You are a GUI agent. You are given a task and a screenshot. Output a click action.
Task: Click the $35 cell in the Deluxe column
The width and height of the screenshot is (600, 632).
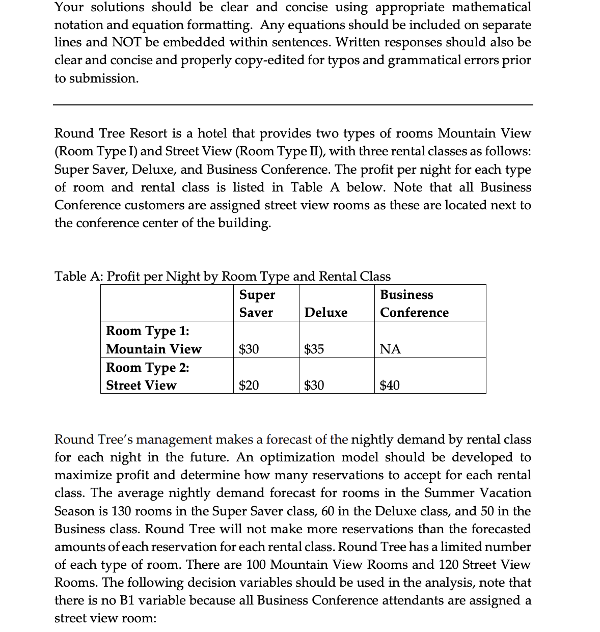[314, 349]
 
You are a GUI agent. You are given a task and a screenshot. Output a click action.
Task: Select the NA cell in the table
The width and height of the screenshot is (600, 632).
[391, 349]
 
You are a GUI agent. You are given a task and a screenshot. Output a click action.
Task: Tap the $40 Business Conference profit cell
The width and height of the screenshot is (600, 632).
[390, 386]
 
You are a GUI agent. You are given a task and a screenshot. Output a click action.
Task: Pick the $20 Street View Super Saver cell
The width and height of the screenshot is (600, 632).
[249, 386]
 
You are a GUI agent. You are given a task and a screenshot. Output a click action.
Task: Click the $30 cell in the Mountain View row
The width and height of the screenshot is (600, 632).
[249, 349]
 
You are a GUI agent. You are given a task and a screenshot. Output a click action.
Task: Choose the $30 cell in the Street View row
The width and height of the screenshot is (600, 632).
[314, 386]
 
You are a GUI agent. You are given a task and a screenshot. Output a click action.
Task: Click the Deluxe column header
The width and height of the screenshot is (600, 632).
[326, 313]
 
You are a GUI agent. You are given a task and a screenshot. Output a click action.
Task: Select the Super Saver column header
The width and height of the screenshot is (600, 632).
[257, 304]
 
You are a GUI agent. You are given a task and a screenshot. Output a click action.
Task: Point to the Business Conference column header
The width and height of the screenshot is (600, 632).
[414, 304]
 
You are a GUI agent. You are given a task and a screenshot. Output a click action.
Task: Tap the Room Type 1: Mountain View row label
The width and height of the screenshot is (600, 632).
[153, 340]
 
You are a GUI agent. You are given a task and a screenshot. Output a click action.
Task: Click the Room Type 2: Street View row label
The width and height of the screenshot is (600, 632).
[147, 376]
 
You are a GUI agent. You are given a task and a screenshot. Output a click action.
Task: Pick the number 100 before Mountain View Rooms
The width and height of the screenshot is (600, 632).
[256, 565]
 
